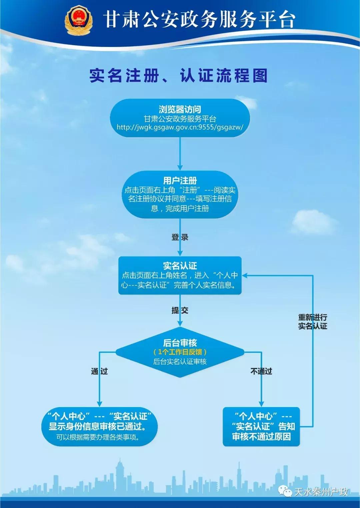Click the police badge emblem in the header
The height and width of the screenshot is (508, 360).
click(78, 20)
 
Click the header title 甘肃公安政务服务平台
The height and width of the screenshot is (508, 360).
click(199, 19)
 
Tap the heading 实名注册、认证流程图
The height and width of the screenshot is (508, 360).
click(179, 76)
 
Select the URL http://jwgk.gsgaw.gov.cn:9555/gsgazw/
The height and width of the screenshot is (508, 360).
click(180, 127)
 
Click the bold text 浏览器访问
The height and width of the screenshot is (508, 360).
click(180, 109)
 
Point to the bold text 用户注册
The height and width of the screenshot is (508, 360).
click(180, 181)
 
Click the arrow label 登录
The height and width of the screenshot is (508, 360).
click(180, 237)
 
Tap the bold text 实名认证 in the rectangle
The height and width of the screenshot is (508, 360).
click(180, 265)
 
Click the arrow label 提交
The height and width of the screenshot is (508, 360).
click(180, 310)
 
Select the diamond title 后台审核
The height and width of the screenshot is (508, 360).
click(180, 343)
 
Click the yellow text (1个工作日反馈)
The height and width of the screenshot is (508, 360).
click(180, 352)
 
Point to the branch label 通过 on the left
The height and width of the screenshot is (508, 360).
click(99, 371)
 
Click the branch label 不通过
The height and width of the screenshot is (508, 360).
click(261, 371)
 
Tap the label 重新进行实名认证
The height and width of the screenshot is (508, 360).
click(313, 321)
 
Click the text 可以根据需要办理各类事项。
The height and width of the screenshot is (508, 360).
click(98, 437)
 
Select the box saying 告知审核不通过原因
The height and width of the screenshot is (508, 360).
click(261, 427)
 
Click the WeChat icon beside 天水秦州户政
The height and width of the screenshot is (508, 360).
click(285, 491)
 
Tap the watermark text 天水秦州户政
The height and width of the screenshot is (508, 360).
click(321, 492)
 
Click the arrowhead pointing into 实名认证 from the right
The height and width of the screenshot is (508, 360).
click(245, 275)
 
